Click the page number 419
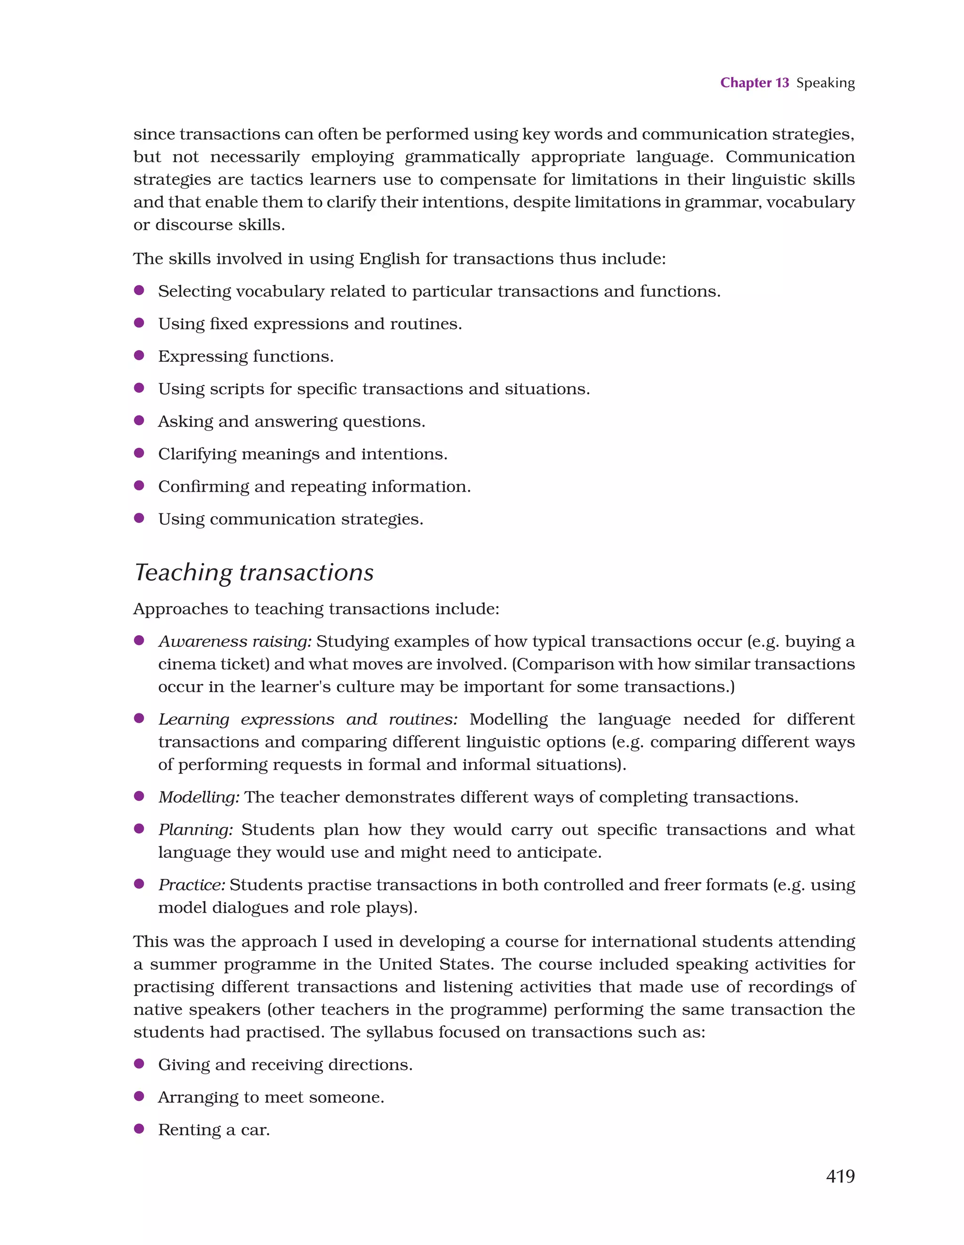(x=840, y=1176)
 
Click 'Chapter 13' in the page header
(x=754, y=83)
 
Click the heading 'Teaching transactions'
(x=254, y=572)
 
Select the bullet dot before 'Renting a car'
(x=138, y=1129)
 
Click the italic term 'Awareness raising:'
(x=235, y=641)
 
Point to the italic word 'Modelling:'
(x=199, y=797)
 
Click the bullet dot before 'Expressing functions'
(x=138, y=355)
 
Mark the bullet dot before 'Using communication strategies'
(x=138, y=518)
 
